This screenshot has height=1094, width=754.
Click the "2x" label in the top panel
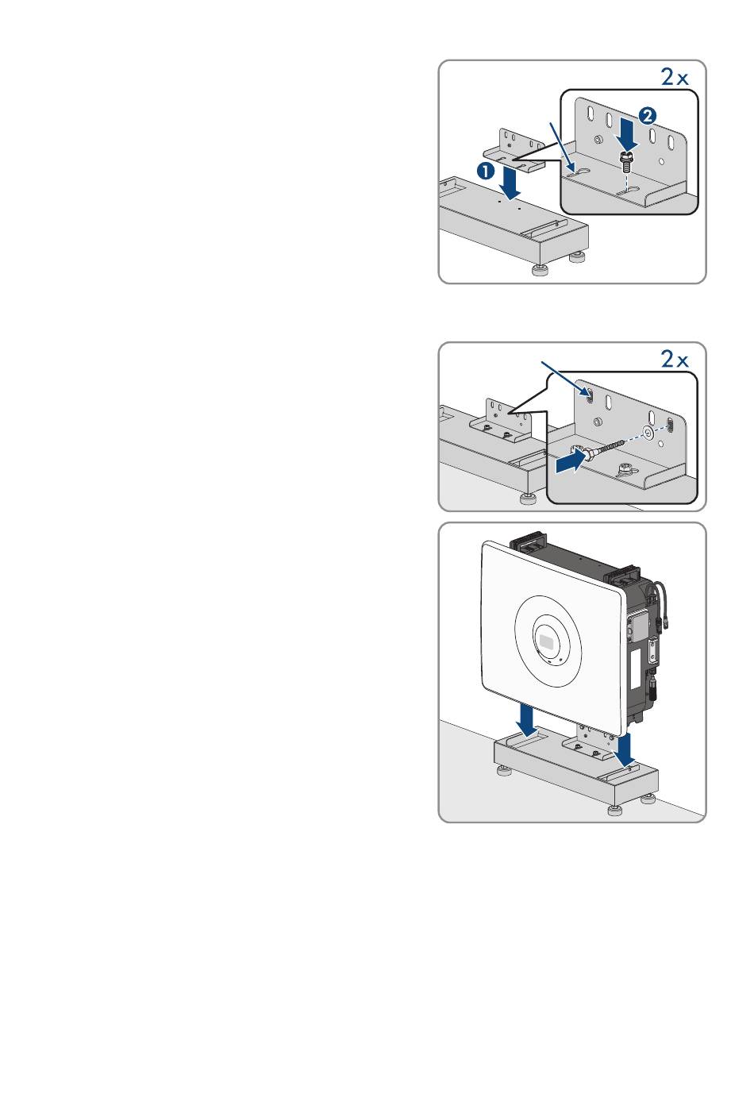(x=675, y=76)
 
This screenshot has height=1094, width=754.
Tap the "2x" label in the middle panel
(x=675, y=359)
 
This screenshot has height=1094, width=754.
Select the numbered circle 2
(x=648, y=115)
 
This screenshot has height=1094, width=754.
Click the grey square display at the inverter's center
(x=547, y=638)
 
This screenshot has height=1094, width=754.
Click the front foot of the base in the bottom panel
(x=614, y=810)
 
